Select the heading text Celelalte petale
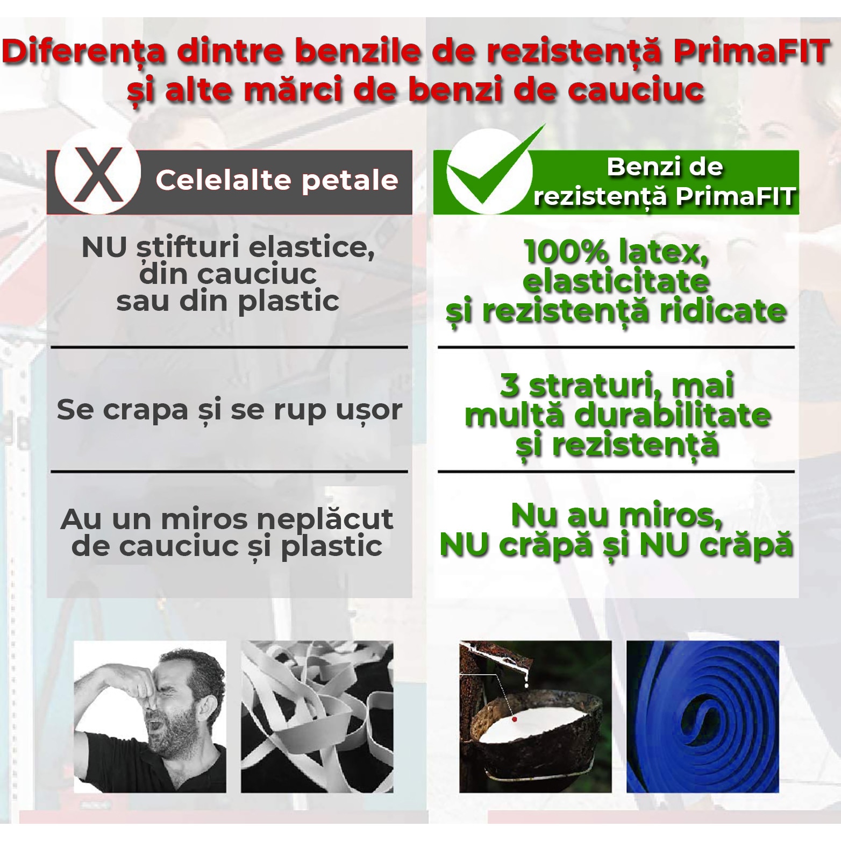tap(277, 180)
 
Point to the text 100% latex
tap(616, 252)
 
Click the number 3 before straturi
tap(509, 385)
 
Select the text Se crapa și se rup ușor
tap(229, 410)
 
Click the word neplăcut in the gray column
tap(325, 519)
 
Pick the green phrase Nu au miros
tap(616, 515)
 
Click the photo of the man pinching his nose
tap(150, 716)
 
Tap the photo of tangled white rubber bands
tap(317, 716)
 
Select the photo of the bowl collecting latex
tap(535, 716)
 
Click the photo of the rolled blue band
tap(702, 716)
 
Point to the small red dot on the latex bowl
tap(515, 719)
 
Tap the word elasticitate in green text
tap(616, 281)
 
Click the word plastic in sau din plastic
tap(288, 301)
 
